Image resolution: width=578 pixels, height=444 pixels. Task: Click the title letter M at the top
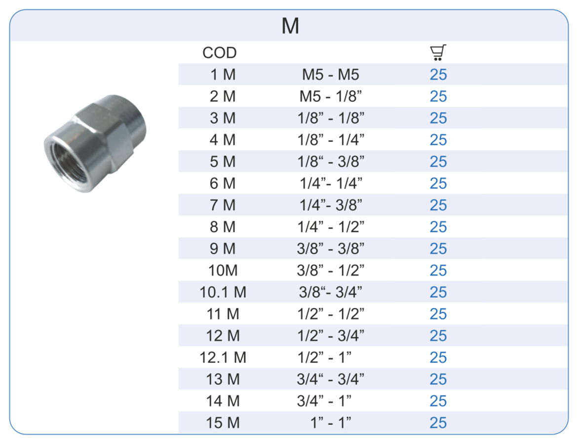click(x=290, y=26)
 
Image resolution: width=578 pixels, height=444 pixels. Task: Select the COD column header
click(x=220, y=53)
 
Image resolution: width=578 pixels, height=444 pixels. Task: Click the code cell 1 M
click(x=223, y=75)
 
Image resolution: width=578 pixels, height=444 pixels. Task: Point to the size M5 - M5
click(x=331, y=75)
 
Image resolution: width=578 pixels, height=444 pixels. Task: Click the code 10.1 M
click(x=223, y=293)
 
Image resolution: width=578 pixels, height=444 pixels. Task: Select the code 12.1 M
click(x=223, y=358)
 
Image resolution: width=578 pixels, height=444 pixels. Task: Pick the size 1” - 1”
click(x=331, y=423)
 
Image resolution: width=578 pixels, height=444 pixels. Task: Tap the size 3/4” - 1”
click(x=331, y=401)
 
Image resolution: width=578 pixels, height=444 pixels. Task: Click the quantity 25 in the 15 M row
click(x=438, y=423)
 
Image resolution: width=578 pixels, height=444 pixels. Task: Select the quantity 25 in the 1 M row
click(x=438, y=75)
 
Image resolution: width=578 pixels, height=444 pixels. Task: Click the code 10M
click(x=223, y=271)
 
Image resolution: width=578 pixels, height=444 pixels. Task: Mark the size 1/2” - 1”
click(x=331, y=358)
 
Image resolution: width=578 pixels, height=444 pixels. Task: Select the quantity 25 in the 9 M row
click(x=438, y=249)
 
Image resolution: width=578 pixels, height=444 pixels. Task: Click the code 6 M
click(x=223, y=184)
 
